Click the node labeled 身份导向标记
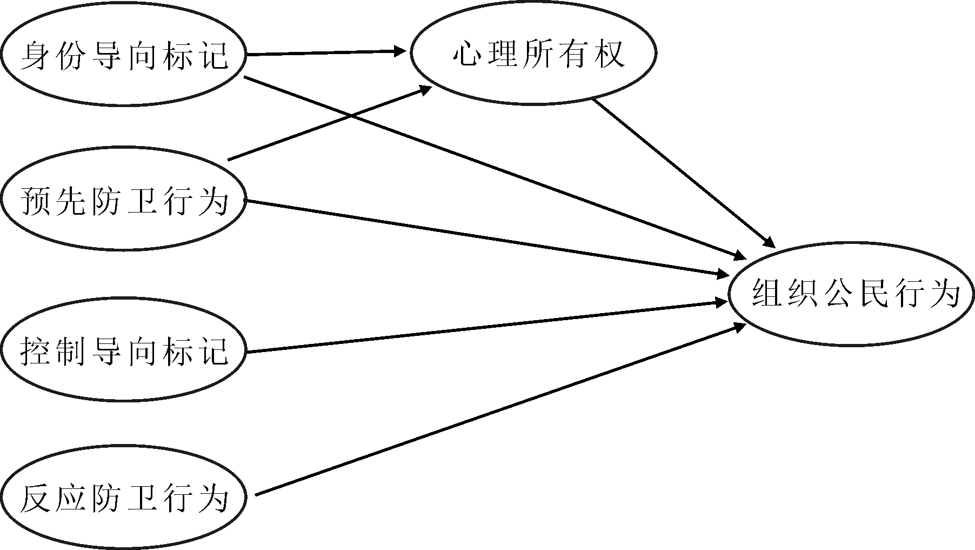coord(123,55)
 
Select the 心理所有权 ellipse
coord(533,53)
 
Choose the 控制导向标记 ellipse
coord(123,350)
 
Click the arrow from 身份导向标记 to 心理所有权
coord(324,53)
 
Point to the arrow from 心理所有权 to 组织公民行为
coord(684,172)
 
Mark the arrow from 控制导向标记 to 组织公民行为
coord(486,327)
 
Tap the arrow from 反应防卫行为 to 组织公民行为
coord(497,410)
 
